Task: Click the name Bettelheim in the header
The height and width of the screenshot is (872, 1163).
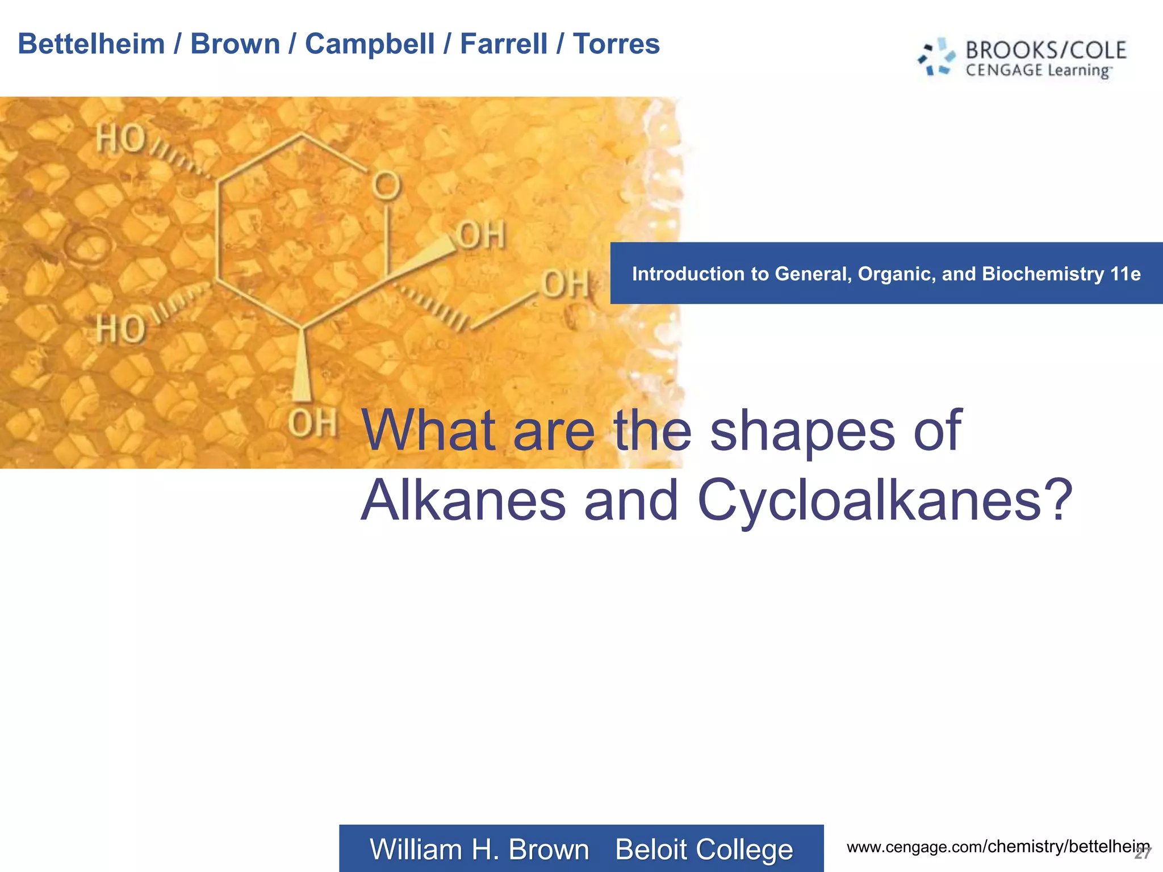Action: click(91, 44)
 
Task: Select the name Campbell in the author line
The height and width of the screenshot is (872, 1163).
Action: click(369, 44)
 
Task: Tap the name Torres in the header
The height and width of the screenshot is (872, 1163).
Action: click(616, 44)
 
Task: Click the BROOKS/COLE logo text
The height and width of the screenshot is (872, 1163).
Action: click(1045, 51)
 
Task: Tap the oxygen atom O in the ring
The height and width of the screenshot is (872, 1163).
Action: click(386, 185)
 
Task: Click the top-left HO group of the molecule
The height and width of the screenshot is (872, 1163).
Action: click(120, 139)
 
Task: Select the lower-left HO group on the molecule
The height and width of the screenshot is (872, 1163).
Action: click(120, 329)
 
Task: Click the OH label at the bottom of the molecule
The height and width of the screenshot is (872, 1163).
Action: click(312, 424)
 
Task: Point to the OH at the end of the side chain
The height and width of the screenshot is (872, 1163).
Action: click(565, 284)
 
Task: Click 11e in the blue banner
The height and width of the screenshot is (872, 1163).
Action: click(1125, 274)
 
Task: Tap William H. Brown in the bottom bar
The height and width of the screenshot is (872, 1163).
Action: click(479, 850)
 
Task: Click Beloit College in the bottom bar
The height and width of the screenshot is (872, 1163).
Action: click(704, 850)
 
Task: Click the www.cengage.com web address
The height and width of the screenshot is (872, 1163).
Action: click(997, 847)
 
